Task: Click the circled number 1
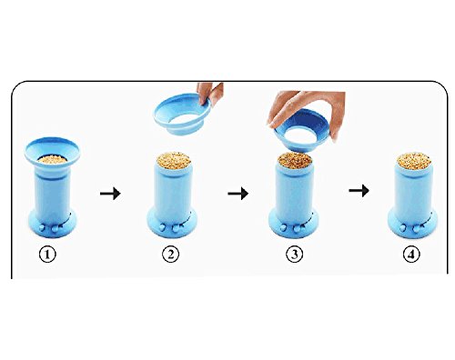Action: click(x=47, y=255)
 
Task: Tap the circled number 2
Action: click(x=170, y=255)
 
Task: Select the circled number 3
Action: click(x=294, y=255)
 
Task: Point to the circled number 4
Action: click(x=411, y=255)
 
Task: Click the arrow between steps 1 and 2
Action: click(x=110, y=193)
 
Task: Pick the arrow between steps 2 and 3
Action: click(x=238, y=193)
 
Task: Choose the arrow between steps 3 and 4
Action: click(x=359, y=191)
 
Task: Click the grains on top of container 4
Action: click(x=414, y=160)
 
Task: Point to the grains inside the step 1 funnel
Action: click(x=52, y=159)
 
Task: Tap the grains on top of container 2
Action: click(x=174, y=160)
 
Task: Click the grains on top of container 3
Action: click(x=296, y=160)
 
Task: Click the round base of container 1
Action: click(x=52, y=225)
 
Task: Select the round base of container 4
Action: click(x=413, y=224)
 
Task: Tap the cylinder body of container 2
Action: click(x=172, y=191)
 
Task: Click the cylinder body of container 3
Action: click(x=294, y=191)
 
